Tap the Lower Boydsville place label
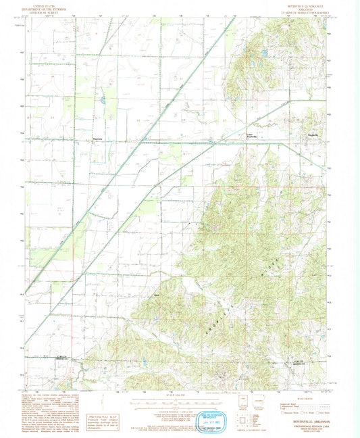point(251,139)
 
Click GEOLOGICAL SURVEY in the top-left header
point(47,13)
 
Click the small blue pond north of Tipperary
point(101,101)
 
